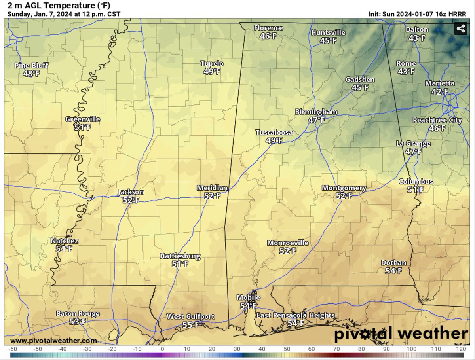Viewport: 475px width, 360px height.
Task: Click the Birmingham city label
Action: pos(316,112)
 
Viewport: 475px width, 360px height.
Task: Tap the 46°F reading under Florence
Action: pos(268,36)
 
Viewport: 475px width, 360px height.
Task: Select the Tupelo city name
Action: pos(212,64)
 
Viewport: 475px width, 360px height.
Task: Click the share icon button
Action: pos(461,28)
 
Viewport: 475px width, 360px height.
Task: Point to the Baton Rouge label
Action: pos(78,314)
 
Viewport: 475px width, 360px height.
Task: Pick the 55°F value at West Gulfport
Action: pos(190,325)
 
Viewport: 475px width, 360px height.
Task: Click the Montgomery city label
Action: pos(344,188)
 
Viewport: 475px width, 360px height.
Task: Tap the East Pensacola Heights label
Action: pos(295,315)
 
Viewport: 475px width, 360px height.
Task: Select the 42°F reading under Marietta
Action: pos(440,92)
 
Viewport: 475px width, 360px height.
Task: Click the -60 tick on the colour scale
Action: pos(13,349)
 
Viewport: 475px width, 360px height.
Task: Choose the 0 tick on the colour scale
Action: pos(162,349)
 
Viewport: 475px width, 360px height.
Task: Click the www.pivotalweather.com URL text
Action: pos(53,341)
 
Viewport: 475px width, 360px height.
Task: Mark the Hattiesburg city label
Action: pos(180,256)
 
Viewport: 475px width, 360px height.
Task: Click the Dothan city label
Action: pos(393,263)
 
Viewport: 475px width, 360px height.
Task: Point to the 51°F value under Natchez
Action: pos(64,249)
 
